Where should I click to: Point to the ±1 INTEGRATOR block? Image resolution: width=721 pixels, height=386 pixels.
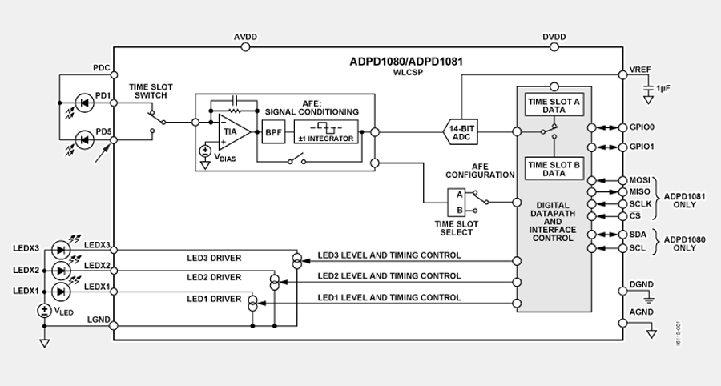coord(324,131)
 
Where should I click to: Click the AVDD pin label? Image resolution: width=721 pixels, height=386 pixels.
coord(246,38)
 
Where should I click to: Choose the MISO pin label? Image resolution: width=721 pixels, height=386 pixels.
coord(641,191)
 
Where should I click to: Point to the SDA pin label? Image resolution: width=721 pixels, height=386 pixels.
coord(639,235)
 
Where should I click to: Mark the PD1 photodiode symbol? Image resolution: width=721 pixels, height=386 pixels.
coord(83,103)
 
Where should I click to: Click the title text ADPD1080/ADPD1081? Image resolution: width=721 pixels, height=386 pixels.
coord(406,61)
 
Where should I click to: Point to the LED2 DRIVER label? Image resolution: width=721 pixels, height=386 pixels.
coord(214,278)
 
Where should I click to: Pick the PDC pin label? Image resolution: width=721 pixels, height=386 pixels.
coord(101,68)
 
